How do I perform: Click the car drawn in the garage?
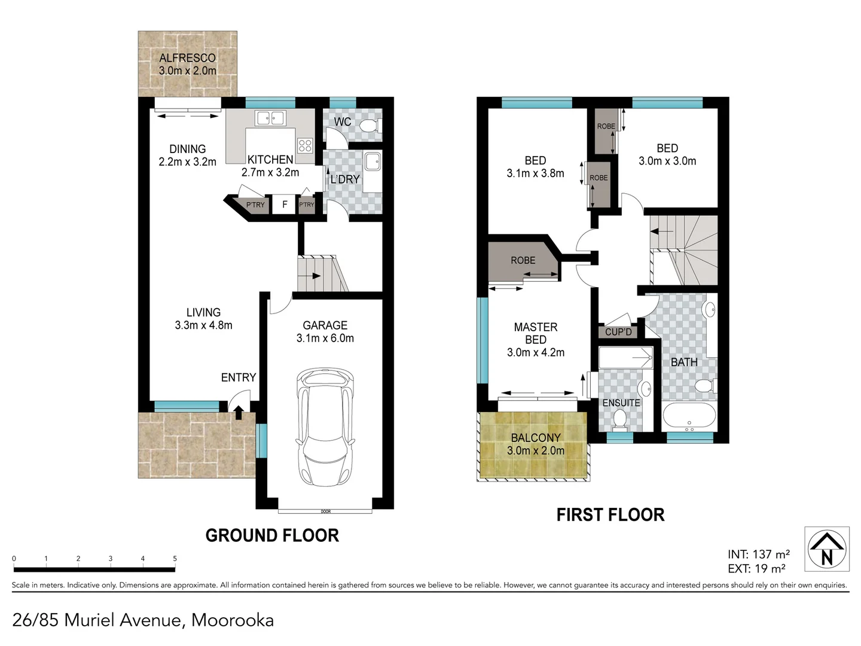pos(325,428)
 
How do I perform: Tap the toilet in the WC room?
pos(373,126)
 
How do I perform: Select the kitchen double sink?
pos(270,118)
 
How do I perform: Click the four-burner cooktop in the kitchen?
pos(305,145)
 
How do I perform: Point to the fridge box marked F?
pos(285,205)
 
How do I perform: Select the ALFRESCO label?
pos(187,58)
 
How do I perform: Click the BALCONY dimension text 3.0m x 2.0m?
pos(536,451)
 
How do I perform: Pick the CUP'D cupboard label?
pos(618,332)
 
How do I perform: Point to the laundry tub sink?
pos(373,161)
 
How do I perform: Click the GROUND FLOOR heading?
pos(272,535)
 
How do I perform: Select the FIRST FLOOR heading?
pos(610,515)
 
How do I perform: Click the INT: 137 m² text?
pos(758,554)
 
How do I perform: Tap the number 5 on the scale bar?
pos(175,559)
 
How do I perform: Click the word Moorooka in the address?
pos(233,620)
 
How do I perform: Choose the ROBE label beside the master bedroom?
pos(523,261)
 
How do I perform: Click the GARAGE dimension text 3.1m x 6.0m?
pos(325,339)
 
